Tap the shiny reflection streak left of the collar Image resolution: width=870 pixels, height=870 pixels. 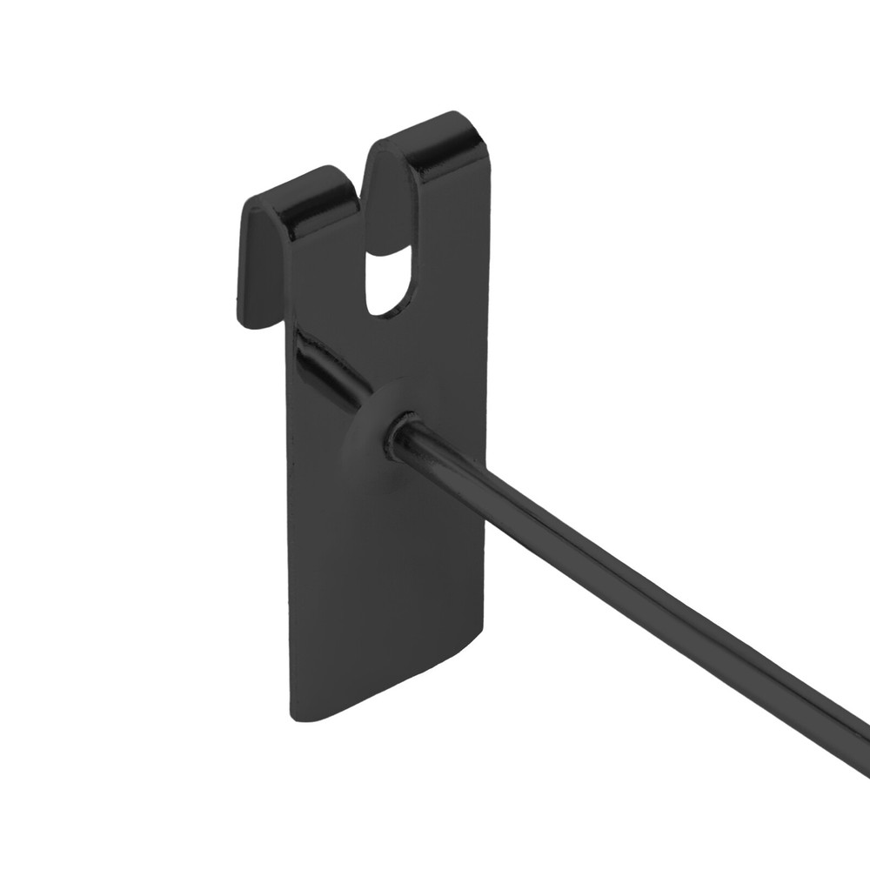(326, 365)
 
